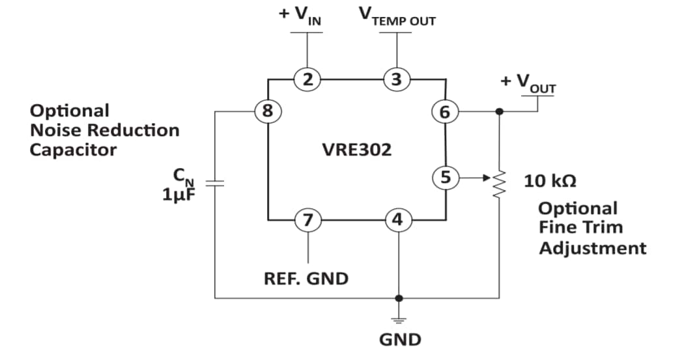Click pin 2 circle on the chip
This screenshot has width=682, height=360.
[308, 80]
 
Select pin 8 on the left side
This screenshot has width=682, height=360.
[266, 111]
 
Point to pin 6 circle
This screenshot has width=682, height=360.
[445, 112]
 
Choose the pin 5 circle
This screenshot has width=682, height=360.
[445, 176]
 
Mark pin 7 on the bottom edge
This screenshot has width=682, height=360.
[307, 220]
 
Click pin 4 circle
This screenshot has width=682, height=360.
[397, 220]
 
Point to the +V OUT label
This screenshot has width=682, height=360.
[528, 83]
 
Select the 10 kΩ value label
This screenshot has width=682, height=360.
[549, 180]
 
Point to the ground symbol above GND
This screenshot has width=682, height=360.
[398, 319]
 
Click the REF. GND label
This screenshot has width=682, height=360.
[305, 279]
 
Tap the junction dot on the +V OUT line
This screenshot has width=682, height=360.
[499, 111]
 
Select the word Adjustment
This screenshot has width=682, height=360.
[592, 248]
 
